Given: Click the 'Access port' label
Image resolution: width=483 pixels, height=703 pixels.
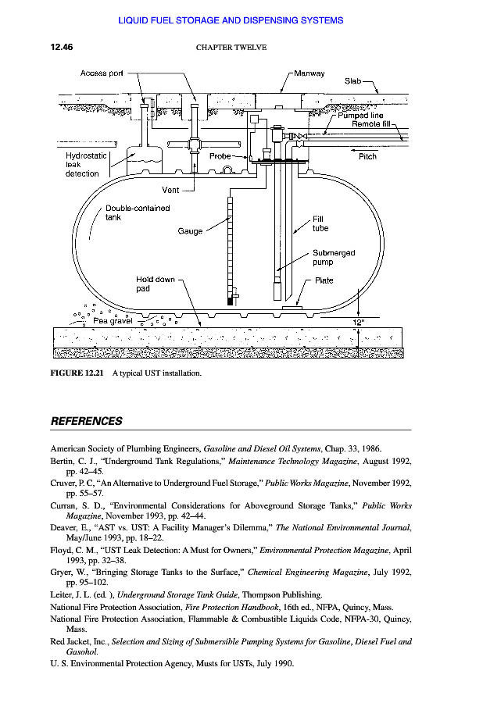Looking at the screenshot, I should click(x=102, y=73).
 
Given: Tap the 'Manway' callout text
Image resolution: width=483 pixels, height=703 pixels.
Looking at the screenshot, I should click(x=309, y=73).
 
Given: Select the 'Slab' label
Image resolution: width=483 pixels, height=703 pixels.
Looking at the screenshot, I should click(x=352, y=80).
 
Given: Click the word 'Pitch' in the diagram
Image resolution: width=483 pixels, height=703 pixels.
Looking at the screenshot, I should click(x=367, y=156).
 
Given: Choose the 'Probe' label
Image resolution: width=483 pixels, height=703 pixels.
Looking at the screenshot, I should click(x=220, y=156).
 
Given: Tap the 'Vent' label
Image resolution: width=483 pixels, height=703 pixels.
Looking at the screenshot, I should click(x=171, y=190).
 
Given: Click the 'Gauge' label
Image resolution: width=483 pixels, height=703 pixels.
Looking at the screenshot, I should click(x=190, y=231).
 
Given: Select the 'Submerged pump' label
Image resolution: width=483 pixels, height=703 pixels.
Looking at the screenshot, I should click(x=334, y=258).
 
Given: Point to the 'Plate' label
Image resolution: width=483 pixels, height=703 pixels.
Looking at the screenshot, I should click(x=324, y=281).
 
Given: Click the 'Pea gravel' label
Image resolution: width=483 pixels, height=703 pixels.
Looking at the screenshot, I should click(x=113, y=320).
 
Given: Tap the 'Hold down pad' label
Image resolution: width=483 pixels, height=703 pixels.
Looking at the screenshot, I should click(x=156, y=284).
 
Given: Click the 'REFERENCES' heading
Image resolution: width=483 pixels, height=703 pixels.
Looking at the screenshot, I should click(x=87, y=421).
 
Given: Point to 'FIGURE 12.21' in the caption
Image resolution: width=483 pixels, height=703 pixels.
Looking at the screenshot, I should click(x=77, y=373).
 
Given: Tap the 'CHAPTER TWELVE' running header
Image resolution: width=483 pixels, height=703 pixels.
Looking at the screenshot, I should click(x=231, y=48).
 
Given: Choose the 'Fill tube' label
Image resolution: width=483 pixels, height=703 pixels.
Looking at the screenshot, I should click(x=320, y=224).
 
